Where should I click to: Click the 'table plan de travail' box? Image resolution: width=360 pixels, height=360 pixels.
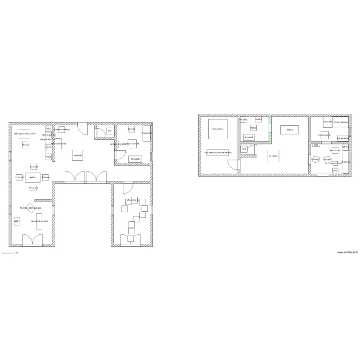(24, 134)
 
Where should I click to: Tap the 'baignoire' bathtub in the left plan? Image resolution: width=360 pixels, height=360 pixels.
(146, 133)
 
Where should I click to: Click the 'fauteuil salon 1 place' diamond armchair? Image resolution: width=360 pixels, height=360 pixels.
(30, 208)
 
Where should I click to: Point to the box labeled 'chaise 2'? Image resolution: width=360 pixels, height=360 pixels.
(19, 177)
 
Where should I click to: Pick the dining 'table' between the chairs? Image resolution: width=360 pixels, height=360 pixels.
(33, 178)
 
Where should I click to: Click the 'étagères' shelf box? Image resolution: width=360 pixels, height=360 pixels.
(135, 159)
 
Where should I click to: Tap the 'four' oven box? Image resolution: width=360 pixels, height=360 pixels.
(49, 129)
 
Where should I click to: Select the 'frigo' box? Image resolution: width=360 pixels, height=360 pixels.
(48, 156)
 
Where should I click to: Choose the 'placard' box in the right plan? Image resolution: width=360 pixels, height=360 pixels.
(249, 137)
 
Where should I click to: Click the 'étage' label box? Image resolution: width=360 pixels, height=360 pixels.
(289, 130)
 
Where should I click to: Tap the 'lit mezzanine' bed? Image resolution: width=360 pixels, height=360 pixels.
(340, 122)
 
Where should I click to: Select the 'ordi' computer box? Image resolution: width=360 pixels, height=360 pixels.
(335, 170)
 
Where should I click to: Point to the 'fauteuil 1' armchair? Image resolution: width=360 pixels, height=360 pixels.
(315, 159)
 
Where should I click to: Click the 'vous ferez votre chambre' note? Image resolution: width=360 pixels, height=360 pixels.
(218, 153)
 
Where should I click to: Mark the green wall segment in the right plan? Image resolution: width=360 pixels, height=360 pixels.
(270, 131)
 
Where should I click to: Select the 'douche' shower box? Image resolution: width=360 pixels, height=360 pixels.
(243, 120)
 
